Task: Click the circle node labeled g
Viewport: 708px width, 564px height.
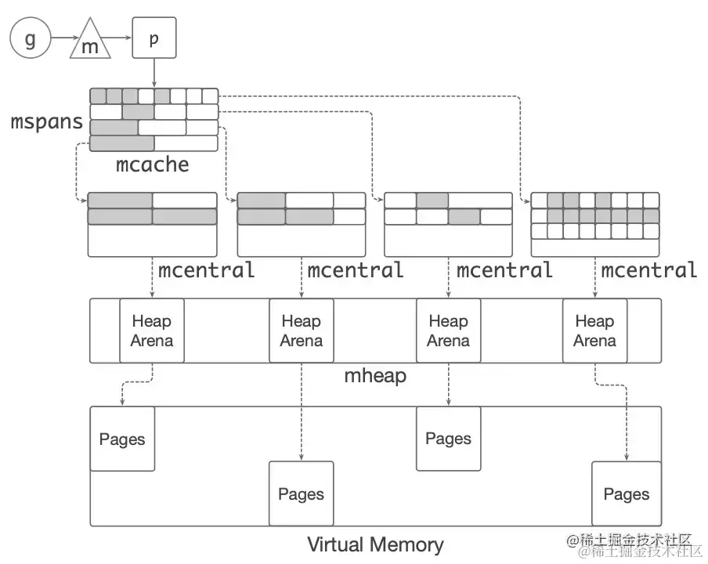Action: [x=30, y=38]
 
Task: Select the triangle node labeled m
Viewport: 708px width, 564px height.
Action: [x=91, y=42]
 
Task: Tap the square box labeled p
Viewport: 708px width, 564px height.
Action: [x=154, y=38]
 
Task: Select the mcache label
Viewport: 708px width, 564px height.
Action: [x=153, y=164]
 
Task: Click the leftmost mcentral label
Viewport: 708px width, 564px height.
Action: [x=207, y=270]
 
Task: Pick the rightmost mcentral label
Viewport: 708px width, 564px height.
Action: [x=649, y=270]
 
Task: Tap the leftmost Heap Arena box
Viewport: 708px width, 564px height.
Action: [x=152, y=331]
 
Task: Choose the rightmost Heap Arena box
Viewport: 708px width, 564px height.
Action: [x=594, y=331]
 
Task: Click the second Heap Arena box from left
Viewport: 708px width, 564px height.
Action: [x=301, y=331]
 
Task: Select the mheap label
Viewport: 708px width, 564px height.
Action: [x=376, y=376]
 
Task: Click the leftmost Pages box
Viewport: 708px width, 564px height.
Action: [x=122, y=439]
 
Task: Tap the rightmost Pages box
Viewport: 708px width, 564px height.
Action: [x=626, y=493]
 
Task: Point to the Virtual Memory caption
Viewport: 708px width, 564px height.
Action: [x=375, y=544]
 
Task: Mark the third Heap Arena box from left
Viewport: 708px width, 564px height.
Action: [x=448, y=331]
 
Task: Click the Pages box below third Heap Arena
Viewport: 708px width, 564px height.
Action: [x=448, y=439]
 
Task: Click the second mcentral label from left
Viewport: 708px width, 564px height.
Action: [x=356, y=270]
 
